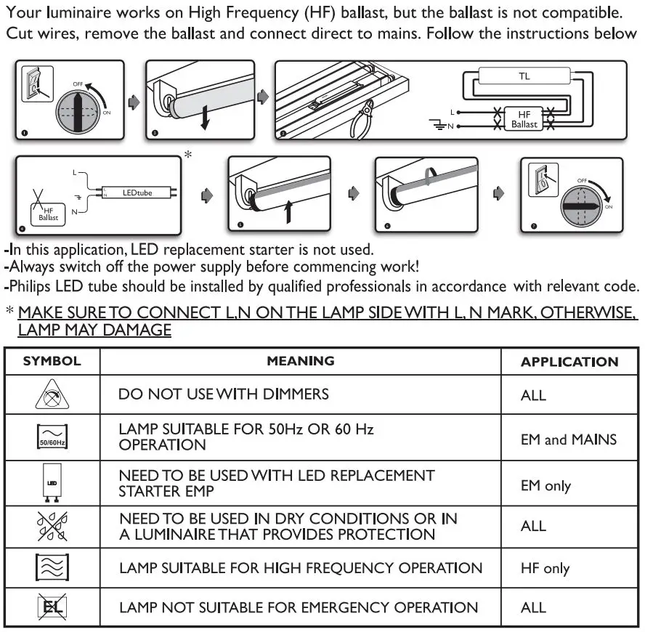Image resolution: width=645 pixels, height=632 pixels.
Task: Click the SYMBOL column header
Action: click(52, 361)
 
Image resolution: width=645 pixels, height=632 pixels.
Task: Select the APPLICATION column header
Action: click(569, 362)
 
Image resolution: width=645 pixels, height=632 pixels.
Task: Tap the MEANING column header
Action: click(300, 361)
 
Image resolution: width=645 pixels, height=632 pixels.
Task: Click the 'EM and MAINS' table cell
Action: click(568, 439)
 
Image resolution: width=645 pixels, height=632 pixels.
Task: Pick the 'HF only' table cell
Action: click(545, 569)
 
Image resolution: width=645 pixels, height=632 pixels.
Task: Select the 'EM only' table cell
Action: click(545, 486)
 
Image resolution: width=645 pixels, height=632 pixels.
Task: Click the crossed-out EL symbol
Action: click(52, 607)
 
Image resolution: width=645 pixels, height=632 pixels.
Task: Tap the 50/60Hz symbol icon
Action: click(52, 438)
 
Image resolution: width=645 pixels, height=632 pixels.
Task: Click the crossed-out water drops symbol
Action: click(52, 526)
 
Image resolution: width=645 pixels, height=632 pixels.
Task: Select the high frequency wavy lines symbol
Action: click(52, 567)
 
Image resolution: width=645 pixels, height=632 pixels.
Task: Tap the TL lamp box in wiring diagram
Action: click(524, 76)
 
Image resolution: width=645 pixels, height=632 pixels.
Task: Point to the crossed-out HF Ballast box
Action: click(48, 214)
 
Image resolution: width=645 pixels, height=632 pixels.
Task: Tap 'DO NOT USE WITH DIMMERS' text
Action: click(224, 394)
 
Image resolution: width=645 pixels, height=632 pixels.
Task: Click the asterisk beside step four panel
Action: click(189, 155)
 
